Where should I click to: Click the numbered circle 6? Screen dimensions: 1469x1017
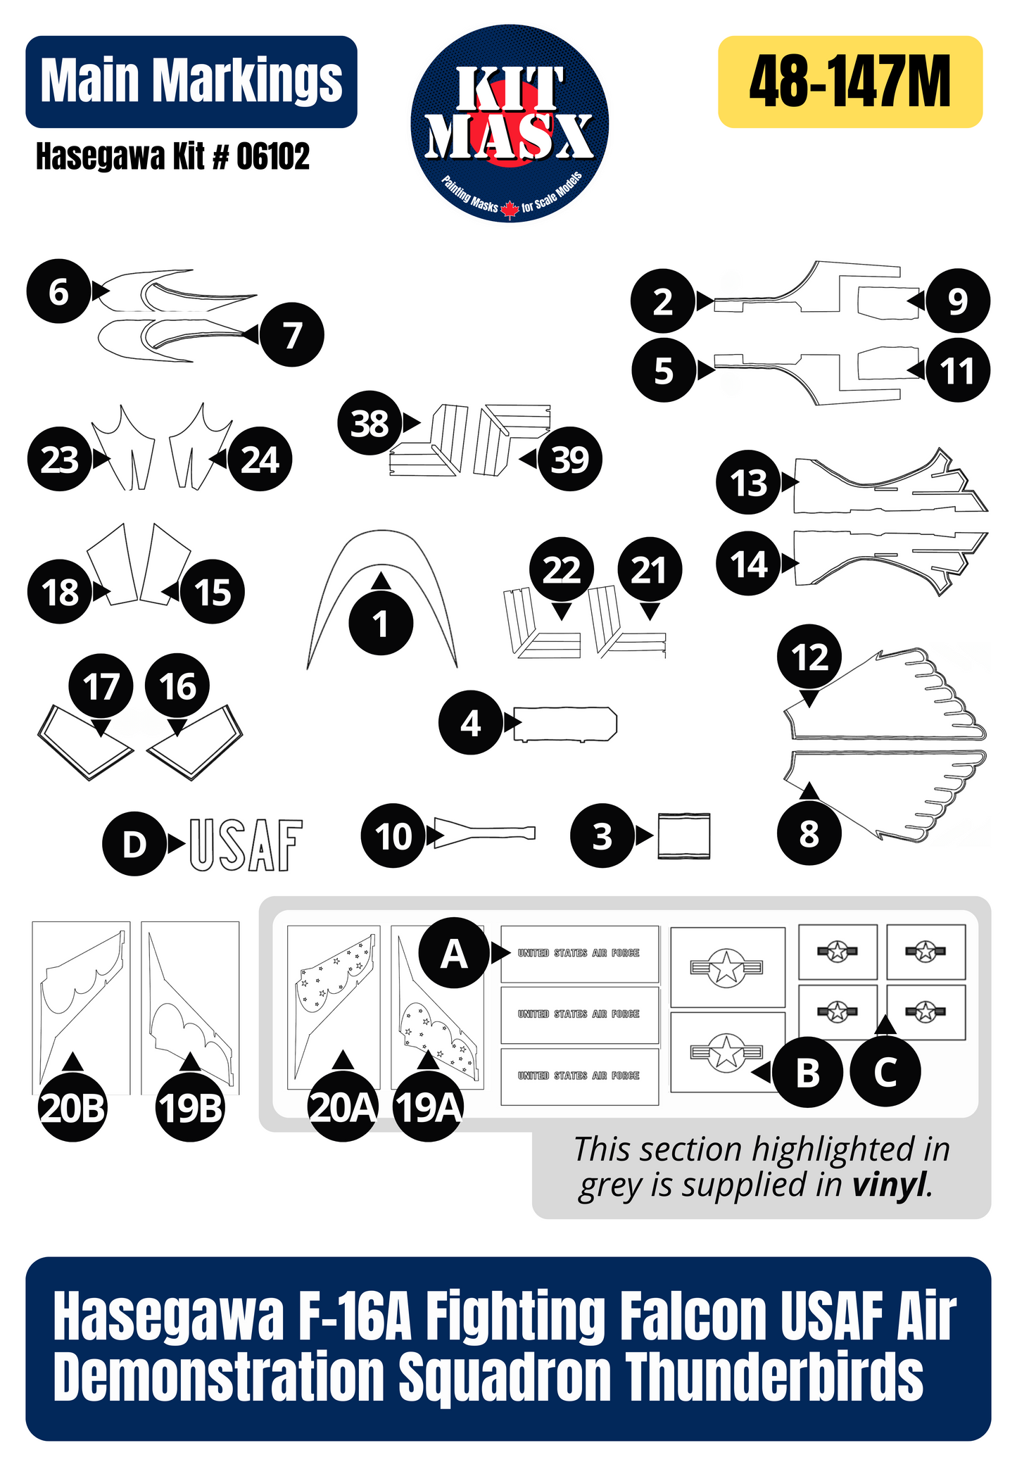[58, 291]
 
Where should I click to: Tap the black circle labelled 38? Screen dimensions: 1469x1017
[369, 423]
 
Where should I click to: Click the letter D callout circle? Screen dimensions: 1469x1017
[134, 843]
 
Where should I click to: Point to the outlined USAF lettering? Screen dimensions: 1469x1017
[246, 845]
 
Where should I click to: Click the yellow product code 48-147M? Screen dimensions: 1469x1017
[849, 82]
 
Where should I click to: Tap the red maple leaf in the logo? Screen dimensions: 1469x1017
[510, 208]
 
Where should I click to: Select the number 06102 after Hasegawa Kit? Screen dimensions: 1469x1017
[272, 156]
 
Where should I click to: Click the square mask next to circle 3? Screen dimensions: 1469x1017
[683, 836]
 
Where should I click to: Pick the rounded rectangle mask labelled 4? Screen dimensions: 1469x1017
[565, 724]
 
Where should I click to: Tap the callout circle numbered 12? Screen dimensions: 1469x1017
[809, 657]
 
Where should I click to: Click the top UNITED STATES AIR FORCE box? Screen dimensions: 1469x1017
[579, 953]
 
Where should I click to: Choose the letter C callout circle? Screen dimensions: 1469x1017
[885, 1072]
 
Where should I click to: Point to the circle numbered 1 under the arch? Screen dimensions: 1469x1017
[381, 624]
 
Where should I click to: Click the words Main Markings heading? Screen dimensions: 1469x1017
[191, 81]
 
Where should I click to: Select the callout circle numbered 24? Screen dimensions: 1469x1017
[260, 460]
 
